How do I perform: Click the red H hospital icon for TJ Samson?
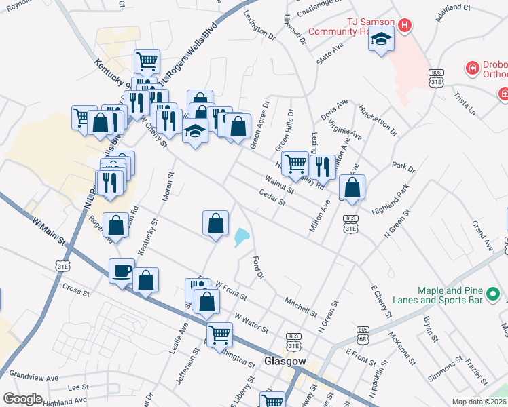click(405, 26)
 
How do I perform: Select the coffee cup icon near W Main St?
click(122, 271)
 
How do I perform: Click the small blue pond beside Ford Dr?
click(242, 237)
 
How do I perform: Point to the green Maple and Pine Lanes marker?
click(494, 295)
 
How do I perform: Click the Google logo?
click(22, 399)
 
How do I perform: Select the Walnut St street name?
click(279, 185)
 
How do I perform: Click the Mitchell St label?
click(301, 307)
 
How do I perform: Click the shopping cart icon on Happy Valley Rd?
click(295, 163)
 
